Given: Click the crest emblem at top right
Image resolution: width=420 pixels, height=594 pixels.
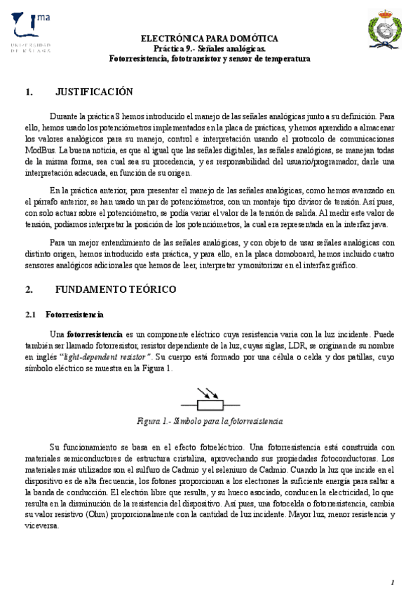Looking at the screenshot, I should pyautogui.click(x=385, y=32).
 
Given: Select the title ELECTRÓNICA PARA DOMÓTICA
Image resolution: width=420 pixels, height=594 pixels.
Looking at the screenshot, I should pyautogui.click(x=210, y=38).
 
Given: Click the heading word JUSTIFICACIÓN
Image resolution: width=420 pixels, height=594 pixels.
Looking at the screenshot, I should pyautogui.click(x=94, y=92).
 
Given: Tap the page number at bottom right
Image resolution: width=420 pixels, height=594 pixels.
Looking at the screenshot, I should pyautogui.click(x=393, y=582).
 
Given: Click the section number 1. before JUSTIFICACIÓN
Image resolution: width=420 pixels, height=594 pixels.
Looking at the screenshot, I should pyautogui.click(x=29, y=92).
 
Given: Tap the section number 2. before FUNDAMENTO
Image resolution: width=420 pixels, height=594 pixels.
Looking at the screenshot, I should pyautogui.click(x=29, y=289).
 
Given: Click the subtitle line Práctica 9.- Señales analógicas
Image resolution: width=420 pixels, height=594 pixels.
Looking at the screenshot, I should pyautogui.click(x=210, y=49).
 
